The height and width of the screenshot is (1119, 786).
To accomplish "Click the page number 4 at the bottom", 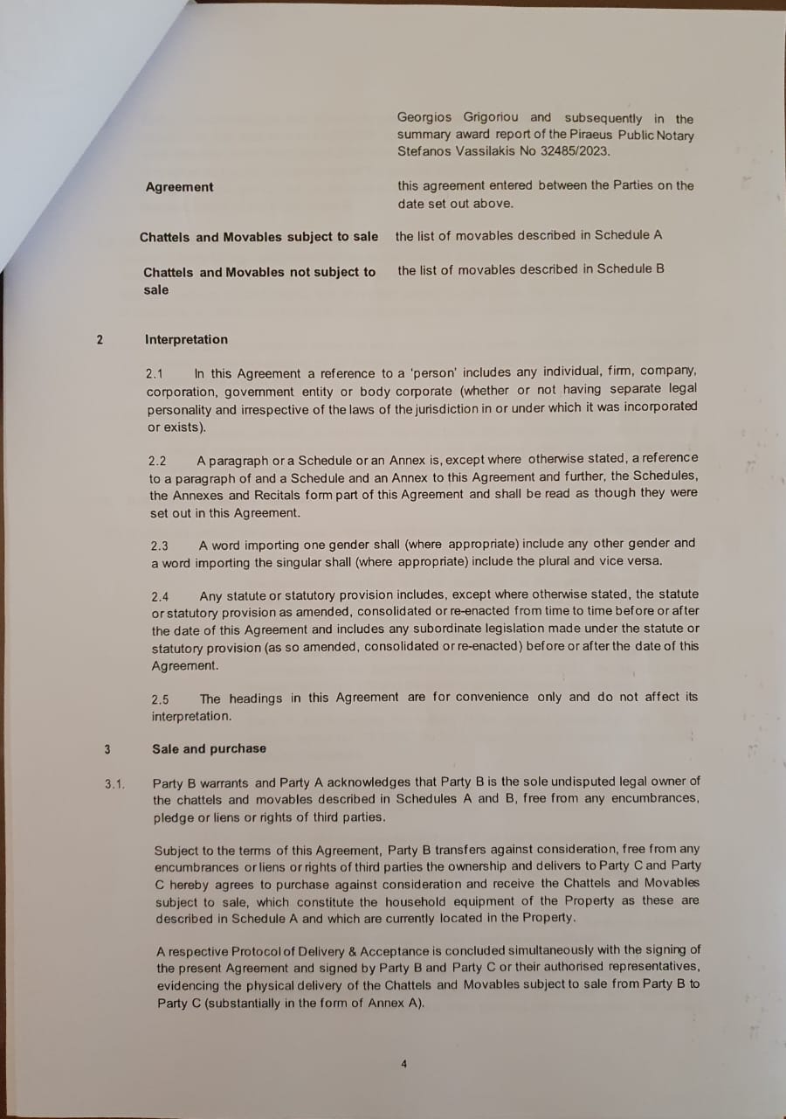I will tap(403, 1064).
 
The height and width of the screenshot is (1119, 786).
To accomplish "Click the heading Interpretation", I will tap(186, 339).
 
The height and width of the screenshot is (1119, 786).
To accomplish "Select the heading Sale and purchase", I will tap(209, 748).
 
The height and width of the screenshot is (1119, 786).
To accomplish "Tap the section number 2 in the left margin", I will tap(100, 340).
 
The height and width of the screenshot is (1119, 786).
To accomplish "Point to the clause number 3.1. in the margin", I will tap(115, 783).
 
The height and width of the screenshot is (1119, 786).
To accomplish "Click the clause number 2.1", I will tap(155, 373).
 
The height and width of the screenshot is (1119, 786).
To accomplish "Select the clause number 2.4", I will tap(160, 597).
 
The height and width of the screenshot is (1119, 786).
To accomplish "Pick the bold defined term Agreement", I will tap(179, 187).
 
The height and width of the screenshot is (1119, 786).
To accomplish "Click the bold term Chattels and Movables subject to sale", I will tap(259, 237).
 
